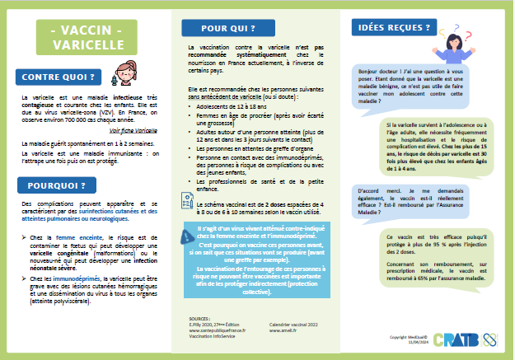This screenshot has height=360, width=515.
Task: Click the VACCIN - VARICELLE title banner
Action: tap(86, 38)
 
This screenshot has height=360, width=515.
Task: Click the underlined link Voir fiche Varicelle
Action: tap(134, 130)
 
